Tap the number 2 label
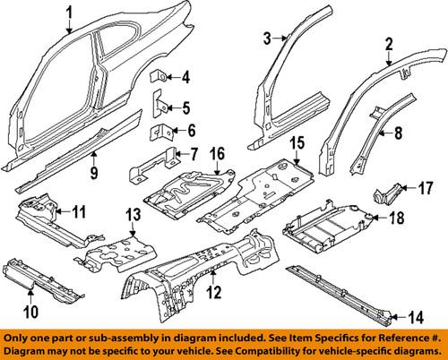pos(389,43)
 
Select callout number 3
pos(266,37)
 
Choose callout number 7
pos(194,154)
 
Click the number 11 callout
pos(79,212)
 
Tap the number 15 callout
pos(297,142)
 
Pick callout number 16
pos(217,155)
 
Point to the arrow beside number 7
pos(182,154)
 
